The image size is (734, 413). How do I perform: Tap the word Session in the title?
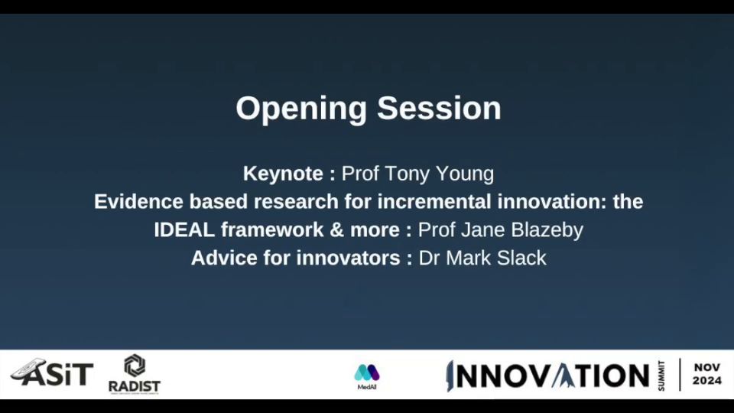click(x=439, y=108)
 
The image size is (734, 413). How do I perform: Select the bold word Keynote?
click(x=283, y=174)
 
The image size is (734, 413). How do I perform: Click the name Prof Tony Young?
click(x=417, y=174)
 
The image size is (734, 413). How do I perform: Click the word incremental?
click(x=434, y=202)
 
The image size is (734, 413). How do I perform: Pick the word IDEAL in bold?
click(x=184, y=230)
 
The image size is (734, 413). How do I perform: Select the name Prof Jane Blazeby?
click(x=500, y=230)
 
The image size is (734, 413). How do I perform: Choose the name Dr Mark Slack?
click(x=482, y=258)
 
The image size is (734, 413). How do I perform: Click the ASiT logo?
click(x=51, y=372)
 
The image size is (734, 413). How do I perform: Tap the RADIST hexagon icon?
click(x=135, y=366)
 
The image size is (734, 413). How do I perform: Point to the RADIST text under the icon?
click(x=135, y=386)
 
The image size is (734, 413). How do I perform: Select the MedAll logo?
click(x=367, y=377)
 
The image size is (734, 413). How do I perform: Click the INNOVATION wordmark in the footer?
click(x=547, y=376)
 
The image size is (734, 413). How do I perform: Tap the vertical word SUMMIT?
click(x=661, y=376)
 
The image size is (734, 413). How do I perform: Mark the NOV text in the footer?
click(x=706, y=368)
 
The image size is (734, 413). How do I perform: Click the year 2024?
click(x=706, y=381)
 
